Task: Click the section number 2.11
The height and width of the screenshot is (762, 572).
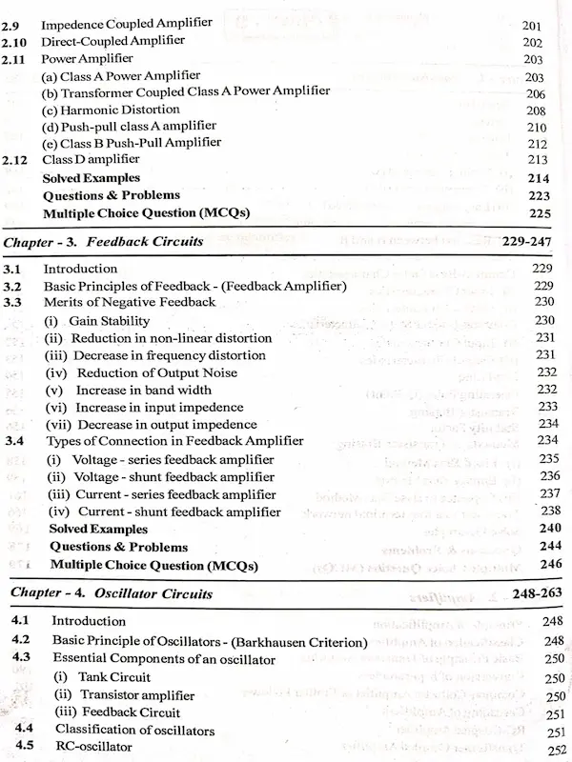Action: (x=14, y=59)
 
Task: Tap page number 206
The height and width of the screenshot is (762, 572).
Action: (x=536, y=93)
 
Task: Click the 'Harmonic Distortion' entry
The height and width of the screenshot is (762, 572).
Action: (x=111, y=110)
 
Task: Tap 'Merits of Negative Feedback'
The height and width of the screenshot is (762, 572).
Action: (x=124, y=303)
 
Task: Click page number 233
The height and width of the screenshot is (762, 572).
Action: (x=547, y=406)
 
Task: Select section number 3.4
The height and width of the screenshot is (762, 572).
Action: (x=14, y=441)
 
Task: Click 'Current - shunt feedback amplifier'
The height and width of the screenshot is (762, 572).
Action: (x=174, y=511)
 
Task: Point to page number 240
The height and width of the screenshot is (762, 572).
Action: (x=549, y=529)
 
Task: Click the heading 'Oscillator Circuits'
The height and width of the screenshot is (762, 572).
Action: (x=153, y=593)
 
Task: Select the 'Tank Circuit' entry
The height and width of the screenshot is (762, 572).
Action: (x=115, y=677)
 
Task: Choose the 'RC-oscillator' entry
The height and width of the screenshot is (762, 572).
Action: (x=92, y=747)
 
